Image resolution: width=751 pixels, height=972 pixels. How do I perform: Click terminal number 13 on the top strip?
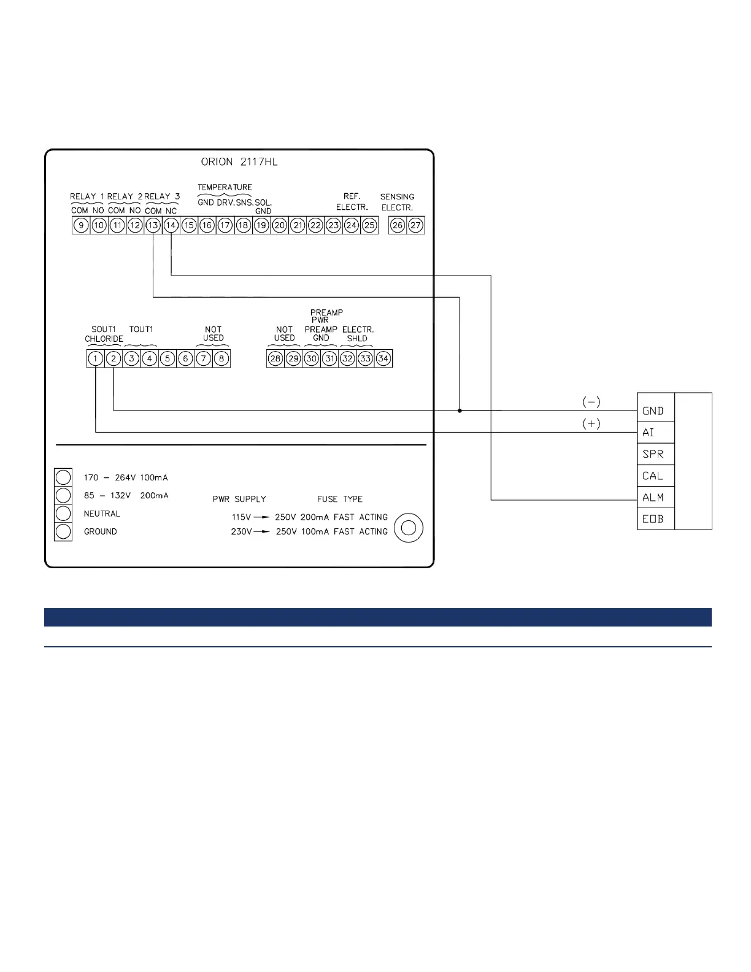[x=153, y=225]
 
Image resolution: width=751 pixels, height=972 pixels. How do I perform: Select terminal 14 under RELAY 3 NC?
[x=171, y=225]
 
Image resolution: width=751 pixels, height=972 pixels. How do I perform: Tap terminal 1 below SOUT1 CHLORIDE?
[x=95, y=358]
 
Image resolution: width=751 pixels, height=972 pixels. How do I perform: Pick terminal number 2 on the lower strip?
[x=114, y=358]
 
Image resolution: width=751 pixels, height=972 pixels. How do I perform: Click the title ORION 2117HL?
[x=240, y=162]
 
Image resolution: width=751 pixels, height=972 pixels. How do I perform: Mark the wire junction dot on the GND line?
[x=460, y=411]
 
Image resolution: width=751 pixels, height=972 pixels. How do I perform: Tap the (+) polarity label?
[x=591, y=424]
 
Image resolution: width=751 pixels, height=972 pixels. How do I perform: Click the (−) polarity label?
[x=591, y=403]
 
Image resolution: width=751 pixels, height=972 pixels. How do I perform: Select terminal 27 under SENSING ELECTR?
[x=415, y=225]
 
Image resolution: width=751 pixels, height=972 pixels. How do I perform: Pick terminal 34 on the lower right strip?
[x=383, y=358]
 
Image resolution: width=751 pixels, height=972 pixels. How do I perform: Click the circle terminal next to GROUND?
[x=63, y=531]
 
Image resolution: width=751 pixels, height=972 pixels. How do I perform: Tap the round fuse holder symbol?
[x=409, y=528]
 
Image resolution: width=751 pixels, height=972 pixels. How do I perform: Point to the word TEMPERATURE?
[x=225, y=187]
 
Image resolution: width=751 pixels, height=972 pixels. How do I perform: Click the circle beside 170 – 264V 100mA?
[x=63, y=477]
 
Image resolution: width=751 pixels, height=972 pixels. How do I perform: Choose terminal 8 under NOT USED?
[x=221, y=358]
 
